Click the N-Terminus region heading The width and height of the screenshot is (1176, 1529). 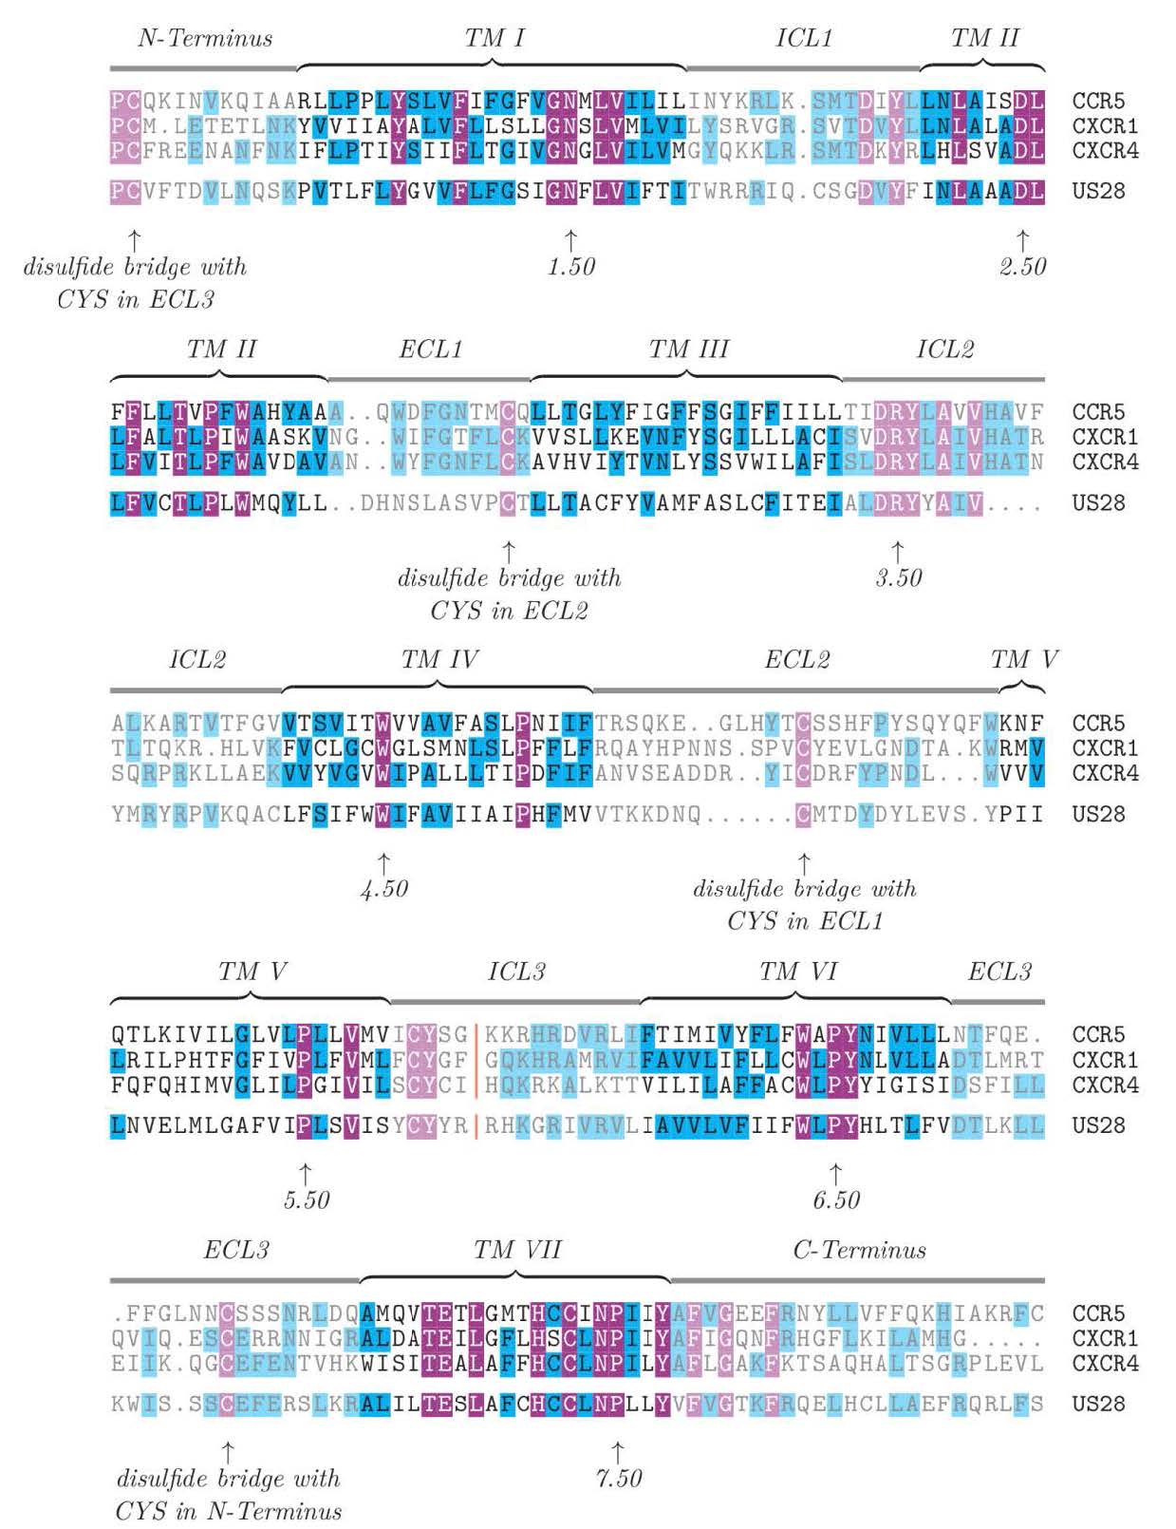tap(205, 38)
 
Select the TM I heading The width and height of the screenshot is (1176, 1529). tap(494, 38)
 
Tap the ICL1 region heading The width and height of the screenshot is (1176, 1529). tap(803, 38)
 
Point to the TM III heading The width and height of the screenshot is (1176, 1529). tap(688, 349)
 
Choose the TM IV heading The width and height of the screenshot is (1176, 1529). tap(439, 660)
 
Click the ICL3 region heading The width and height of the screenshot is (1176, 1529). tap(516, 972)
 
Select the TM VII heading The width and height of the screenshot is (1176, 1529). tap(517, 1250)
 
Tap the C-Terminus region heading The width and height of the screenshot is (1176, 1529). tap(859, 1250)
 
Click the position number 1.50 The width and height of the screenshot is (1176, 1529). tap(571, 267)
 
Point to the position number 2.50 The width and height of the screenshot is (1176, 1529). tap(1022, 267)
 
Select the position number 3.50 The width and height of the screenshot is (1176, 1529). tap(898, 578)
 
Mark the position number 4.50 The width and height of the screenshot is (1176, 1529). tap(383, 889)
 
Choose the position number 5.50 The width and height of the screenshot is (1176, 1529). tap(306, 1200)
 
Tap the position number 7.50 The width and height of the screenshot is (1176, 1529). tap(618, 1479)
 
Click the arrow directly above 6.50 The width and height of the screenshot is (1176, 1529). tap(835, 1173)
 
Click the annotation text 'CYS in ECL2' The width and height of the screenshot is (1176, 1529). tap(509, 611)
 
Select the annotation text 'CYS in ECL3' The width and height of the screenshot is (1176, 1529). tap(136, 300)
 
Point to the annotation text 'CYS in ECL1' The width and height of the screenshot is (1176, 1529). tap(805, 921)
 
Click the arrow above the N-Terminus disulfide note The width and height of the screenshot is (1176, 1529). tap(228, 1451)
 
